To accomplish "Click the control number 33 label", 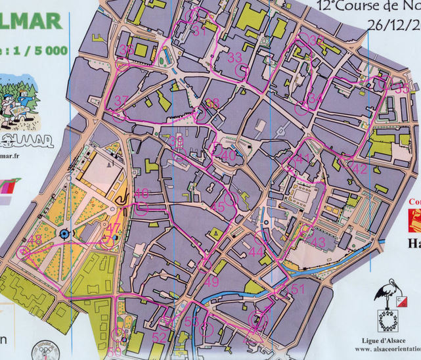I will (x=234, y=58).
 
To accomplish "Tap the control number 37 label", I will (x=121, y=101).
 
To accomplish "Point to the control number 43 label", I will (x=318, y=242).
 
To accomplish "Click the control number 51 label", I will (x=298, y=290).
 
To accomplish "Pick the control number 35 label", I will (x=401, y=89).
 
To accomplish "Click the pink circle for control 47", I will (x=107, y=241).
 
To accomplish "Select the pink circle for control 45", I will (x=230, y=198).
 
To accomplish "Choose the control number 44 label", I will (x=256, y=252).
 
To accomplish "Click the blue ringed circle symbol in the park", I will (x=64, y=234).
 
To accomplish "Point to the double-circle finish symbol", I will (x=255, y=320).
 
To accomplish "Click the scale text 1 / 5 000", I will (x=33, y=51).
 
